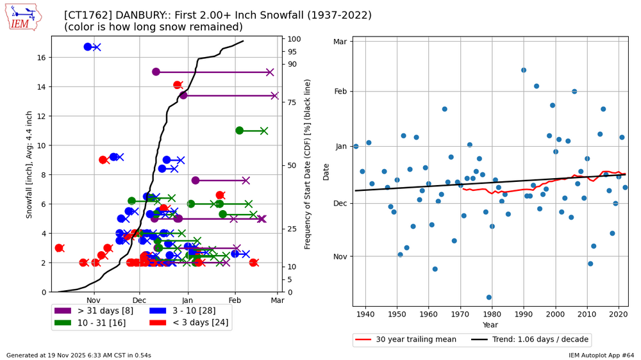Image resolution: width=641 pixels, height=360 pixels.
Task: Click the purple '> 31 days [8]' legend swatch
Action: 63,311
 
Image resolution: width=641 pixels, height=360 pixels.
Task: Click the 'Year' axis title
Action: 490,325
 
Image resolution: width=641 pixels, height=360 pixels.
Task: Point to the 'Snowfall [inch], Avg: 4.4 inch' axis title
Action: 29,164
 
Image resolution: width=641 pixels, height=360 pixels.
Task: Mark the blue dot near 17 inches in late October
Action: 88,47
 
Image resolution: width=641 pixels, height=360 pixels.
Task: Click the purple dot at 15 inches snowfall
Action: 156,72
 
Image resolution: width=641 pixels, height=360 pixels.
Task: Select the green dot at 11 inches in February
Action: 240,131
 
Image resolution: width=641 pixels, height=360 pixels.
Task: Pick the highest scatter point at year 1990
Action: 524,70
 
